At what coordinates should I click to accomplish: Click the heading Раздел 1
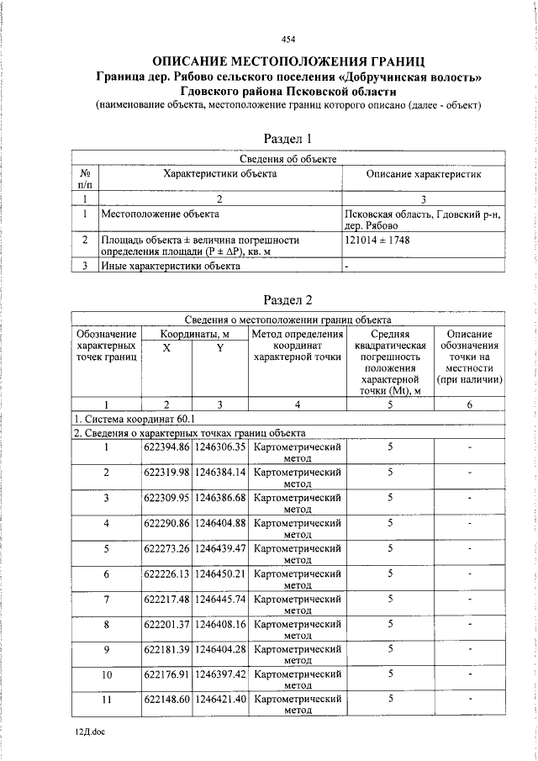[x=288, y=138]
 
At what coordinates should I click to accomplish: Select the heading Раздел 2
[x=288, y=299]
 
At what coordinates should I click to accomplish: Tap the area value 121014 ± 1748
[x=377, y=240]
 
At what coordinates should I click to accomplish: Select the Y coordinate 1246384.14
[x=219, y=473]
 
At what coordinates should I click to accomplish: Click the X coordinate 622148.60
[x=166, y=700]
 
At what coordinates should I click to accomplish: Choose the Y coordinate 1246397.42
[x=219, y=674]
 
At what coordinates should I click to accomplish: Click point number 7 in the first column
[x=107, y=599]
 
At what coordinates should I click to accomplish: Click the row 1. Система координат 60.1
[x=134, y=418]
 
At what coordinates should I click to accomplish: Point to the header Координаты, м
[x=193, y=334]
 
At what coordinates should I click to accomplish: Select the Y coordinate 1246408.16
[x=219, y=624]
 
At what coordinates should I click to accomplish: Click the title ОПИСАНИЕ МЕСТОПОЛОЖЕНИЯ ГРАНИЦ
[x=288, y=61]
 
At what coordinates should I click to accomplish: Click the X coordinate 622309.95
[x=166, y=498]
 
